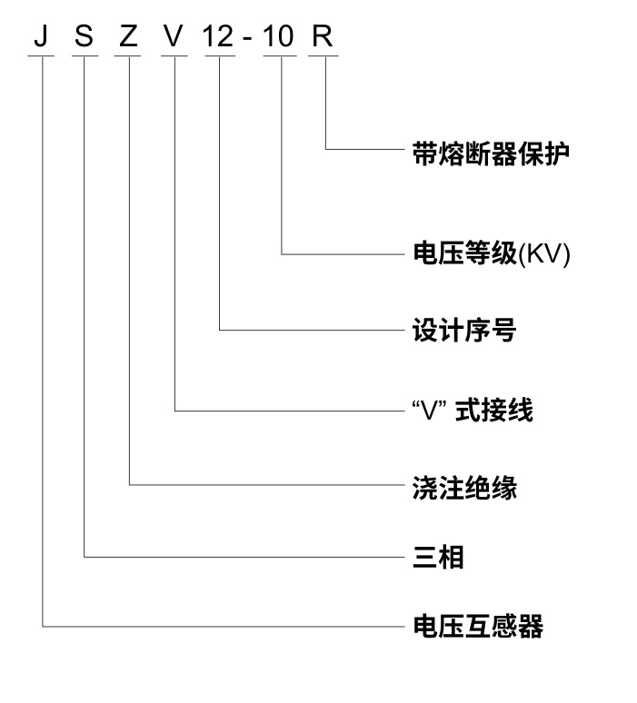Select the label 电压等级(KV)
(x=491, y=254)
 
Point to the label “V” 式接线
(x=473, y=411)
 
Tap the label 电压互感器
(x=478, y=626)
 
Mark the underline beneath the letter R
(x=325, y=56)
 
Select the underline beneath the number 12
(x=220, y=56)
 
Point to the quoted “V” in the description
(x=428, y=410)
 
